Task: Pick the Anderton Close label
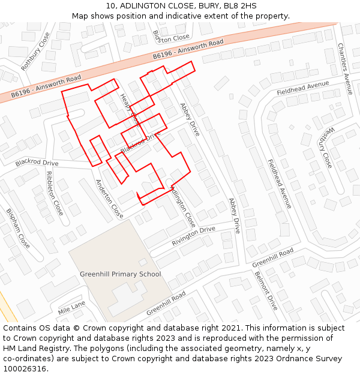[110, 199]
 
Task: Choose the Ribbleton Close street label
[54, 193]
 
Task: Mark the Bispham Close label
[18, 228]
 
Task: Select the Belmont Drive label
[266, 290]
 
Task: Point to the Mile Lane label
[72, 308]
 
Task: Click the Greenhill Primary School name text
[121, 274]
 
